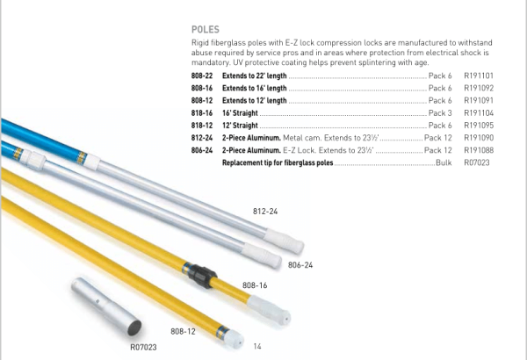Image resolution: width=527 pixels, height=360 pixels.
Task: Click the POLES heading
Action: pos(206,30)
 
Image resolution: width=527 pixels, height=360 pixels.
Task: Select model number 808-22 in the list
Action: pos(202,76)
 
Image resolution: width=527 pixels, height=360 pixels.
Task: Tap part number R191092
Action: pos(479,88)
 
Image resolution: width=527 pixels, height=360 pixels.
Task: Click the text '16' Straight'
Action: pos(240,113)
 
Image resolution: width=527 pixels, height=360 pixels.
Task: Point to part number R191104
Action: pos(479,113)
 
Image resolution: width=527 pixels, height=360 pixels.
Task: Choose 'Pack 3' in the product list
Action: pos(440,113)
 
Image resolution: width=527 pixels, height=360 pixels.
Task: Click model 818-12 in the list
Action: pos(202,126)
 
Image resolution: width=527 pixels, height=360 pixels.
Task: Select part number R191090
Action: pos(479,138)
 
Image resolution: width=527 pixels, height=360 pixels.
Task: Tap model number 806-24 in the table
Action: pos(202,150)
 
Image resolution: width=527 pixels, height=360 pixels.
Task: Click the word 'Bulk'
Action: pos(444,162)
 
